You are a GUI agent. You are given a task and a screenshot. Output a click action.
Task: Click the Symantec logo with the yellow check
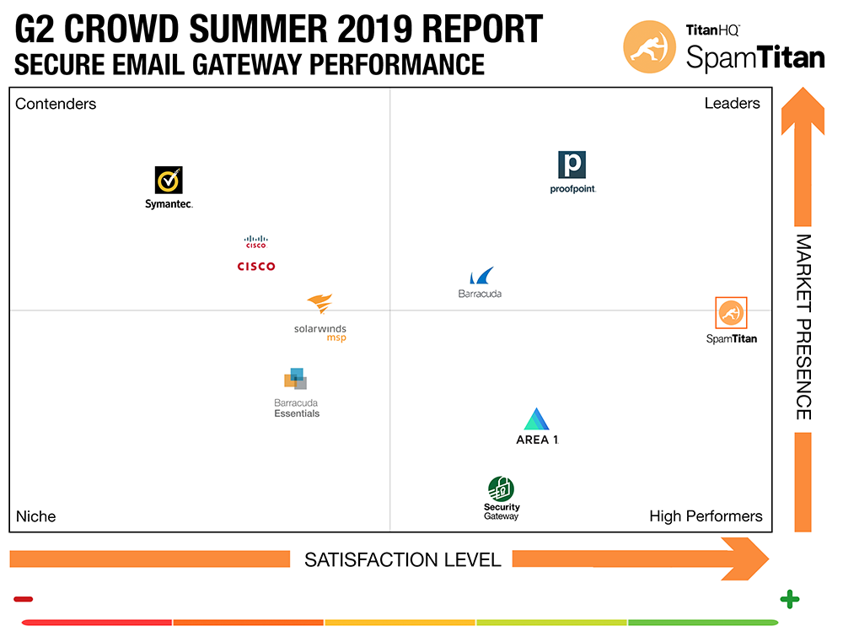pos(169,181)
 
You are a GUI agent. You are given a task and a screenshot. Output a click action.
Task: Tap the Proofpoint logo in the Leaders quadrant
pos(572,165)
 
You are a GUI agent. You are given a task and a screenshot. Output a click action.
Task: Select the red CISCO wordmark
pos(256,267)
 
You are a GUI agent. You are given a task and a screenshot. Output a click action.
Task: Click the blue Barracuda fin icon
pos(482,277)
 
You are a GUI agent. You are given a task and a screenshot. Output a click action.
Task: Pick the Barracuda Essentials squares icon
pos(295,379)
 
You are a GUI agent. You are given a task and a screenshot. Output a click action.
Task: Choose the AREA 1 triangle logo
pos(537,419)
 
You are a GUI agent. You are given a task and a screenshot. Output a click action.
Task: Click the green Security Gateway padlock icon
pos(501,489)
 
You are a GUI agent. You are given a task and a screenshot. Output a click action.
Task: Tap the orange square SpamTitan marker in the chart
pos(731,314)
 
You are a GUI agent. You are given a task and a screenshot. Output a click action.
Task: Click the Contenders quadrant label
pos(56,104)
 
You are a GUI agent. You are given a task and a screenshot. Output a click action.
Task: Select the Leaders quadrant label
pos(732,103)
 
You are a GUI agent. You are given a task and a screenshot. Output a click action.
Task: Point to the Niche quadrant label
pos(35,516)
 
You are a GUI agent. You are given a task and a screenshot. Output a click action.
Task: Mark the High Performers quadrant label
pos(706,516)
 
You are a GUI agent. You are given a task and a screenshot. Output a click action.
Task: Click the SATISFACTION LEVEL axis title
pos(402,559)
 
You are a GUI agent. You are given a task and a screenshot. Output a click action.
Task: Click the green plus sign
pos(789,600)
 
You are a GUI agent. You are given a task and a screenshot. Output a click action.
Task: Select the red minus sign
pos(23,600)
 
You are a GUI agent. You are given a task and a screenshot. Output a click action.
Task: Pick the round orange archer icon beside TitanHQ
pos(648,46)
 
